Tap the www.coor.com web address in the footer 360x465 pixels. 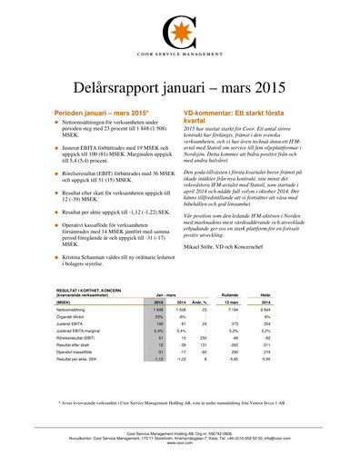(179, 443)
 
